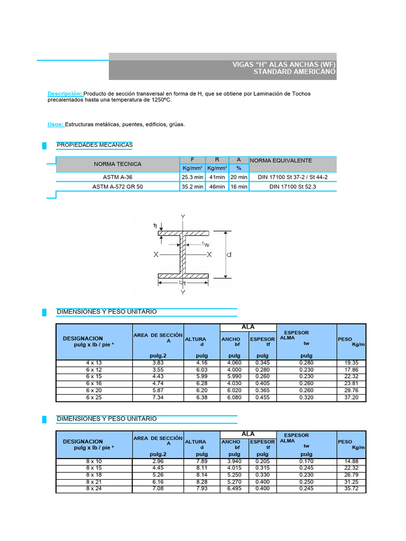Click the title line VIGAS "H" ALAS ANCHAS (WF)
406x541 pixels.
pos(284,64)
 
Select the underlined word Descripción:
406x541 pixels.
pos(64,94)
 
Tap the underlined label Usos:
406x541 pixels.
pos(56,124)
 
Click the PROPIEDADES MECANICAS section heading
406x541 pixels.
pos(95,145)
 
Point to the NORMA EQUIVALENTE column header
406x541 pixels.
pos(281,160)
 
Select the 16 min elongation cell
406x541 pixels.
pos(239,186)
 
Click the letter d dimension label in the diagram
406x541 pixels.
pos(229,254)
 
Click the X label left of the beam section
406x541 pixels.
pos(156,255)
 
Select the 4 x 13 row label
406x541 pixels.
pos(94,363)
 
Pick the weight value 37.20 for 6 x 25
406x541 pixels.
pos(351,397)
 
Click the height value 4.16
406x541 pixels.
pos(201,363)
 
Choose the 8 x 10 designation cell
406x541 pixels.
pos(94,461)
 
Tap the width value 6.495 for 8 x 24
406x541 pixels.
pos(234,489)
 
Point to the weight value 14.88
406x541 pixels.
pos(351,461)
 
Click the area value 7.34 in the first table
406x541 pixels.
pos(158,397)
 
